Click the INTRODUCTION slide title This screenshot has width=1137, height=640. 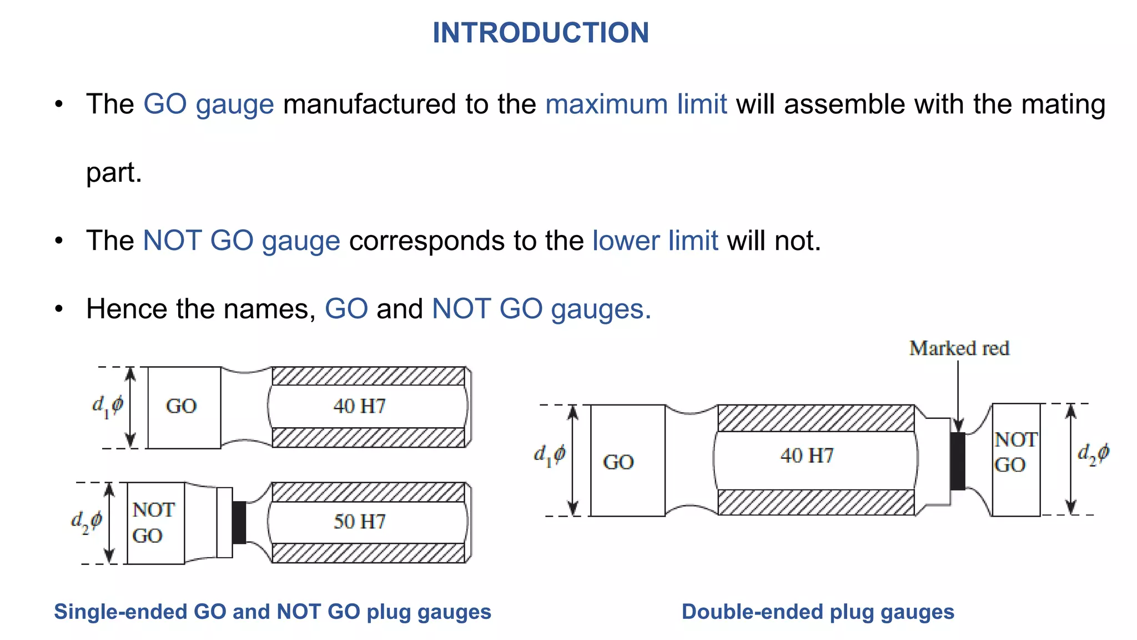click(540, 33)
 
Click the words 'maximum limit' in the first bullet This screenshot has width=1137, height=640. click(636, 104)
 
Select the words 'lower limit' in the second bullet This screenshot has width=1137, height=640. click(655, 241)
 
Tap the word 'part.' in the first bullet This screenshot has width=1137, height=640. click(114, 173)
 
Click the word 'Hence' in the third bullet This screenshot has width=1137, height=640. click(126, 309)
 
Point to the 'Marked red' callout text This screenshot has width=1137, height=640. click(959, 348)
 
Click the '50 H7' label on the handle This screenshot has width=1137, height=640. click(359, 522)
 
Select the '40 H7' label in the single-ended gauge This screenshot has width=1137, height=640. click(359, 406)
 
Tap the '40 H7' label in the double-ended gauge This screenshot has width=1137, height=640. click(807, 456)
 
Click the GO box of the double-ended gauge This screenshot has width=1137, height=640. click(627, 461)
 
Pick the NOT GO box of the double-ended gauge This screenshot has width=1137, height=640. click(1015, 459)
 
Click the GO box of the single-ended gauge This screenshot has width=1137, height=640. click(184, 407)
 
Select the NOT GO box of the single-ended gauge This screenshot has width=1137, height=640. click(155, 523)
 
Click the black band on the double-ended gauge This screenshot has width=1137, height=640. click(958, 461)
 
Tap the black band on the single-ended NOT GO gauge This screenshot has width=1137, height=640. click(239, 522)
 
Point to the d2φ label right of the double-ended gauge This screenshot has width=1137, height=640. click(1093, 454)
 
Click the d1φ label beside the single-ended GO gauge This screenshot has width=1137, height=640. click(107, 406)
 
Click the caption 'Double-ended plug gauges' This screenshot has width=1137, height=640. click(817, 612)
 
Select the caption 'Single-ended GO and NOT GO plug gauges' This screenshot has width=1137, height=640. click(272, 612)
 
